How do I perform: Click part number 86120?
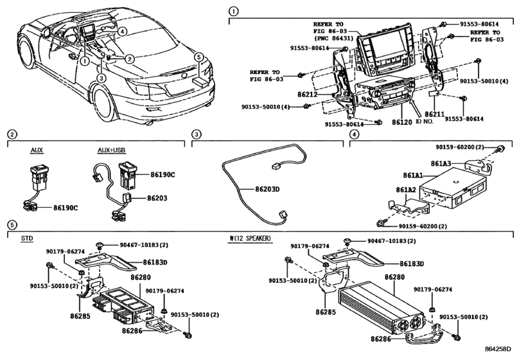point(402,121)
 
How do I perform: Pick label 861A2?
point(406,190)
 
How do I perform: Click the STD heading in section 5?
point(27,238)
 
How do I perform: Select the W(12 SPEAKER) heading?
point(251,238)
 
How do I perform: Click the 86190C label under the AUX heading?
point(66,208)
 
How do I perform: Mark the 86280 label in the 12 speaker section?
point(394,276)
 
